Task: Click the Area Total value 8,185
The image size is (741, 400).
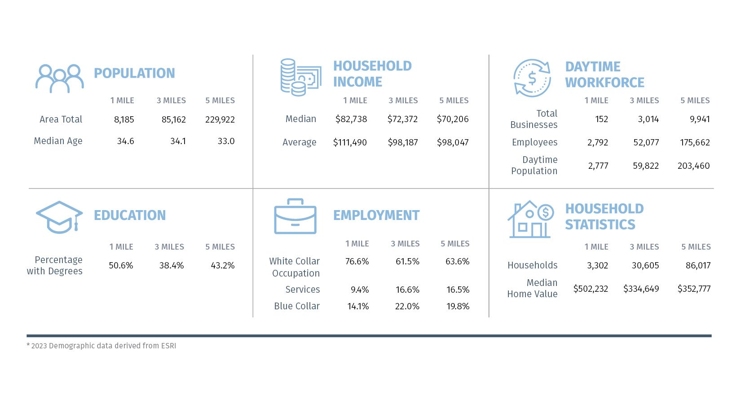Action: [124, 120]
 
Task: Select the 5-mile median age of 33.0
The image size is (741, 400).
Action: [226, 141]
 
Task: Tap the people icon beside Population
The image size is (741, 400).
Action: [60, 79]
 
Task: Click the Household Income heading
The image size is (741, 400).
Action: [372, 74]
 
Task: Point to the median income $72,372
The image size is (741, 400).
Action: [402, 119]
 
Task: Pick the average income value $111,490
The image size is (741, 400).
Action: [350, 143]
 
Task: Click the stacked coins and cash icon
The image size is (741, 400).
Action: [300, 77]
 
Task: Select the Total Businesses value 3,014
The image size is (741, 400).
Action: [648, 119]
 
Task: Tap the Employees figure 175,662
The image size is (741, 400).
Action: [695, 143]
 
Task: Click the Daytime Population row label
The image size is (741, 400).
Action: [534, 166]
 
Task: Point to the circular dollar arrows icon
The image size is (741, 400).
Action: [532, 78]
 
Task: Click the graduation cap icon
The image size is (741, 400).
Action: [59, 217]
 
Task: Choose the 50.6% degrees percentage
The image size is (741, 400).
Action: [121, 266]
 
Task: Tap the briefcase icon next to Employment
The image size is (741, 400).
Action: [295, 216]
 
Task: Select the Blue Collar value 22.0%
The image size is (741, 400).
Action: [407, 307]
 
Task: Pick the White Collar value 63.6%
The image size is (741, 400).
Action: [457, 262]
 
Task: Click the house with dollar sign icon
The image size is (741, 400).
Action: [530, 220]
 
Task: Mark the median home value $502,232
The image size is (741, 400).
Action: [591, 289]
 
